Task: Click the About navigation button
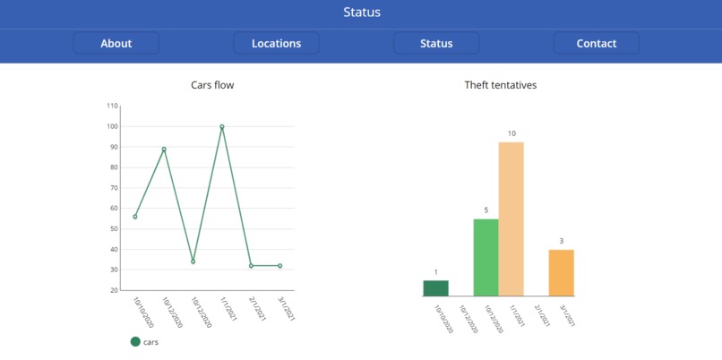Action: tap(116, 43)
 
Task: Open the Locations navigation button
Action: tap(276, 43)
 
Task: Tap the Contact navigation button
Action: tap(596, 43)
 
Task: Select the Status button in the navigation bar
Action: tap(436, 43)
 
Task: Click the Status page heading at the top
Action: tap(361, 13)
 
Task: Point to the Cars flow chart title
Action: tap(212, 85)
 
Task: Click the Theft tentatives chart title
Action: tap(500, 85)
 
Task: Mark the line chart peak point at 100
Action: tap(222, 126)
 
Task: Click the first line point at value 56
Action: tap(135, 217)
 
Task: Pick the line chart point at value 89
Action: tap(164, 149)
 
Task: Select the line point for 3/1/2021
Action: tap(280, 266)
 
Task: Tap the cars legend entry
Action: tap(144, 341)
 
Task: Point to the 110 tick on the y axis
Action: tap(112, 106)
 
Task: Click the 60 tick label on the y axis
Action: tap(113, 209)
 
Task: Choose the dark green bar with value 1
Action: tap(436, 287)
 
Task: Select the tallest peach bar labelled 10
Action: tap(511, 219)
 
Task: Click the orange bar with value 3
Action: tap(562, 272)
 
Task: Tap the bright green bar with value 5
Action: tap(486, 257)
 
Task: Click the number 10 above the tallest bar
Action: tap(511, 133)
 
